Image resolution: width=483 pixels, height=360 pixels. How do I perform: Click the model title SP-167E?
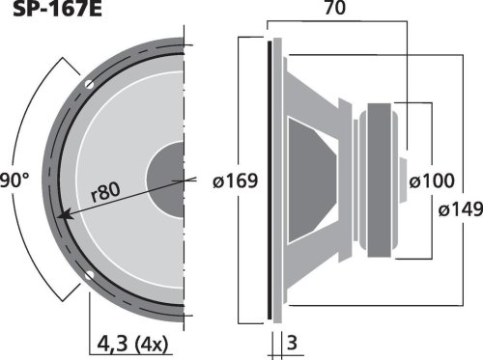coord(57,9)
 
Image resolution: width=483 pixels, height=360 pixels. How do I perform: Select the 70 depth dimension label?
coord(335,8)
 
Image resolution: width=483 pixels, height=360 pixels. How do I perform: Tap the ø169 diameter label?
coord(236,180)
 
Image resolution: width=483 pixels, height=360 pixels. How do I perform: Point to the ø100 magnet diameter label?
coord(432,180)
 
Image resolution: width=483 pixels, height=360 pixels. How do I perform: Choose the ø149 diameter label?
coord(461,209)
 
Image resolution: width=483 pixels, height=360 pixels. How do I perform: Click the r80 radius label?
coord(105,192)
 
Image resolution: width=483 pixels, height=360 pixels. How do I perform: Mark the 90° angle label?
coord(14,180)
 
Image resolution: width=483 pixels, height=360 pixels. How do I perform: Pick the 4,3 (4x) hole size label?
coord(132,344)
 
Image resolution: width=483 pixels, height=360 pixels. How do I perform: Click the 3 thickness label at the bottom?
coord(292,343)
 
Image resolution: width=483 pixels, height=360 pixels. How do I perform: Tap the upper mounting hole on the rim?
coord(89,85)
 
